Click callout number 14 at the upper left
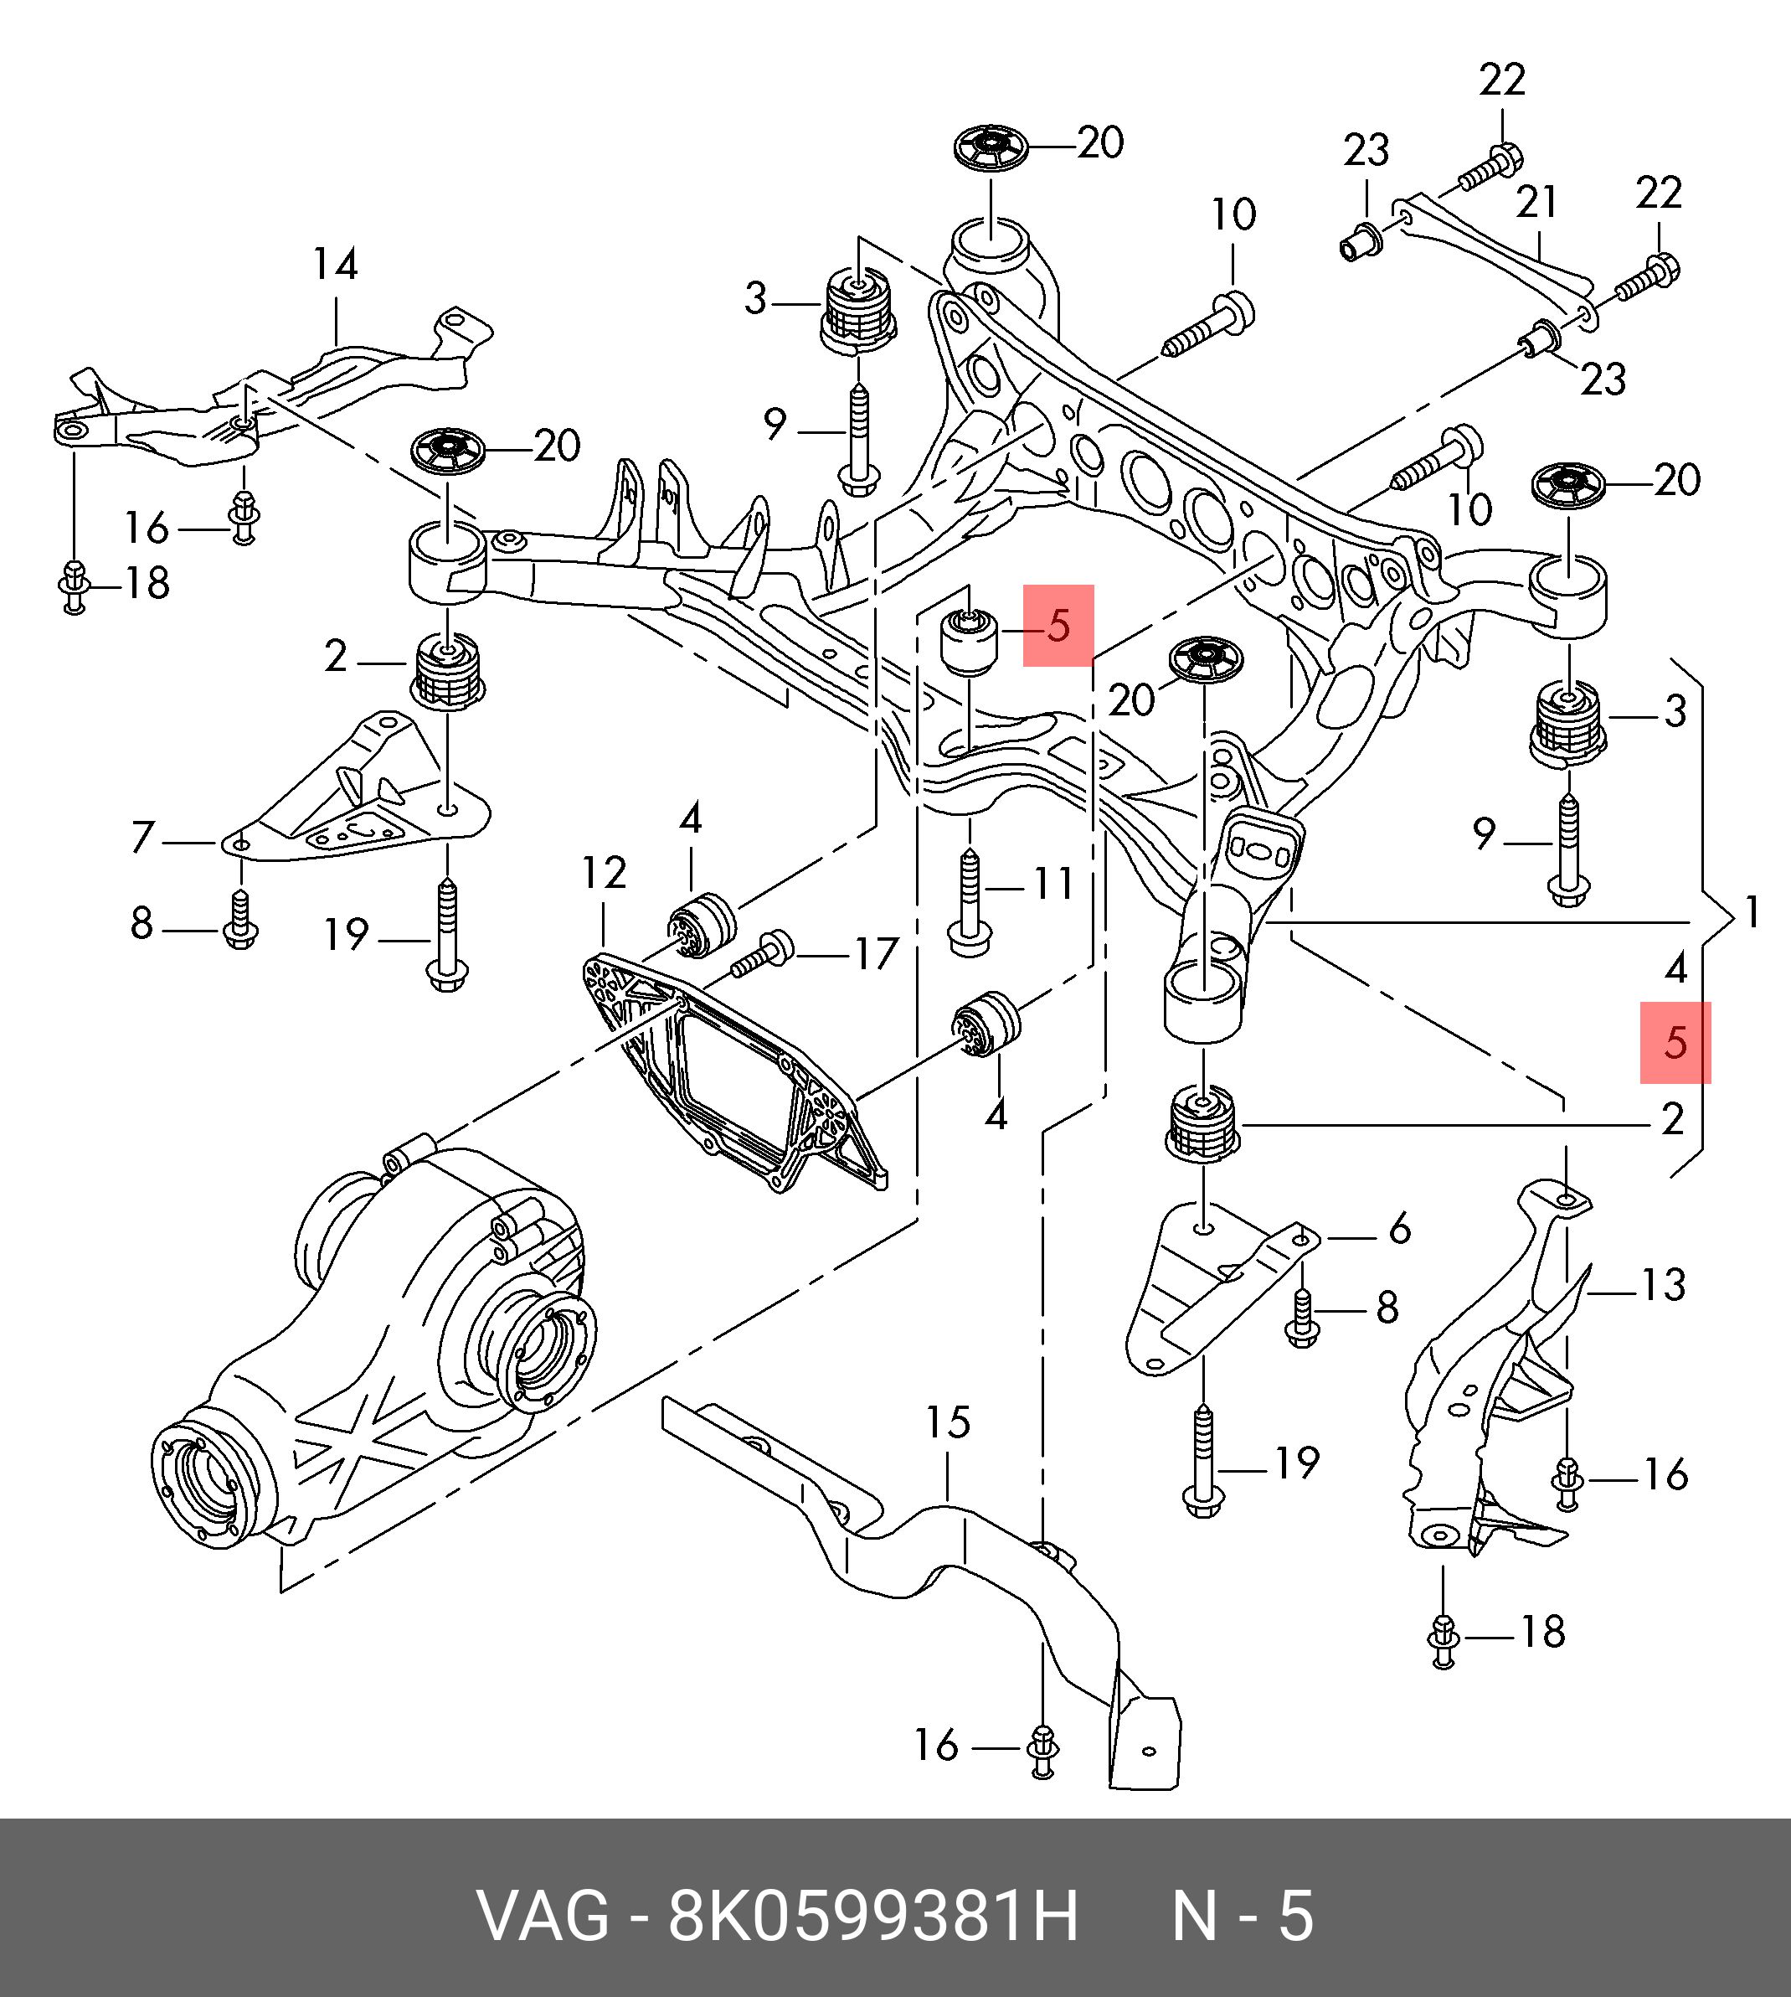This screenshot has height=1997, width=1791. pyautogui.click(x=336, y=264)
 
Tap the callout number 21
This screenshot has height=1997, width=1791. pyautogui.click(x=1537, y=203)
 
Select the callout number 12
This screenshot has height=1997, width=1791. pyautogui.click(x=603, y=872)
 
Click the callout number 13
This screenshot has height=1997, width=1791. pyautogui.click(x=1663, y=1284)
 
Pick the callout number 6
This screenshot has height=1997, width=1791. pyautogui.click(x=1399, y=1228)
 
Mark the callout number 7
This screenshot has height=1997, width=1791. pyautogui.click(x=142, y=839)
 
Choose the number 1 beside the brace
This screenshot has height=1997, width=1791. pyautogui.click(x=1752, y=912)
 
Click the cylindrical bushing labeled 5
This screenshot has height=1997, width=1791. pyautogui.click(x=970, y=642)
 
